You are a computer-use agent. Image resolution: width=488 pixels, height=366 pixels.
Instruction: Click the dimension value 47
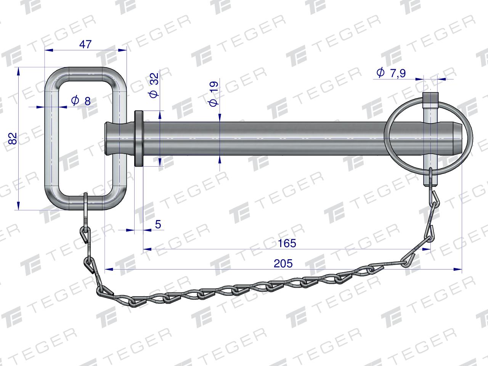[85, 45]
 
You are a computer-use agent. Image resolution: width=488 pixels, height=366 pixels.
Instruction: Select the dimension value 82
[13, 139]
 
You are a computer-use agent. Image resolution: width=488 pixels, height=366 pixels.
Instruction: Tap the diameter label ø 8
[81, 101]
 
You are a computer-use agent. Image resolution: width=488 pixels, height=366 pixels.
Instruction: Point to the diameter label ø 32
[154, 85]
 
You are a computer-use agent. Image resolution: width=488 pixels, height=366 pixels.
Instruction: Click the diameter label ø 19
[213, 94]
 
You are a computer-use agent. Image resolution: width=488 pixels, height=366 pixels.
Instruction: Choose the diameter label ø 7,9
[391, 73]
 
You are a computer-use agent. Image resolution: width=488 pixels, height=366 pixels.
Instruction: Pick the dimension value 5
[158, 225]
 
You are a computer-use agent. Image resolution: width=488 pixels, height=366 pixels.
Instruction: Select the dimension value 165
[287, 243]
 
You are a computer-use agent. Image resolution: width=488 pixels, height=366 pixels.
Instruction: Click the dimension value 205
[283, 263]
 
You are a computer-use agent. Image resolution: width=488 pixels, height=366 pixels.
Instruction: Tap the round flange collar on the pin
[139, 138]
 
